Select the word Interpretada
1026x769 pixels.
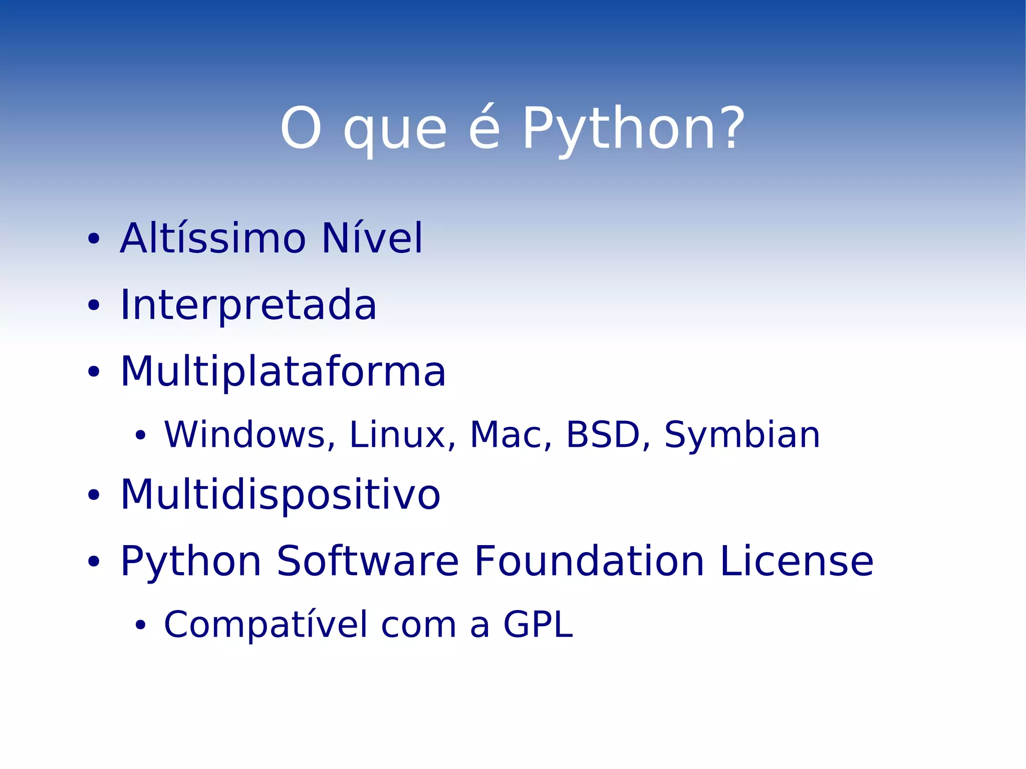click(x=248, y=306)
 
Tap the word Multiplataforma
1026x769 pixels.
click(x=283, y=372)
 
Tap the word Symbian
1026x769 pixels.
click(x=742, y=434)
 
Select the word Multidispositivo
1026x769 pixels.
click(x=281, y=495)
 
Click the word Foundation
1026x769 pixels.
click(x=589, y=561)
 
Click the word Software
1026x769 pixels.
click(x=367, y=561)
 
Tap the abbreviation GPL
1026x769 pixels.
click(x=538, y=625)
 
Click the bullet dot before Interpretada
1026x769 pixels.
click(x=94, y=305)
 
